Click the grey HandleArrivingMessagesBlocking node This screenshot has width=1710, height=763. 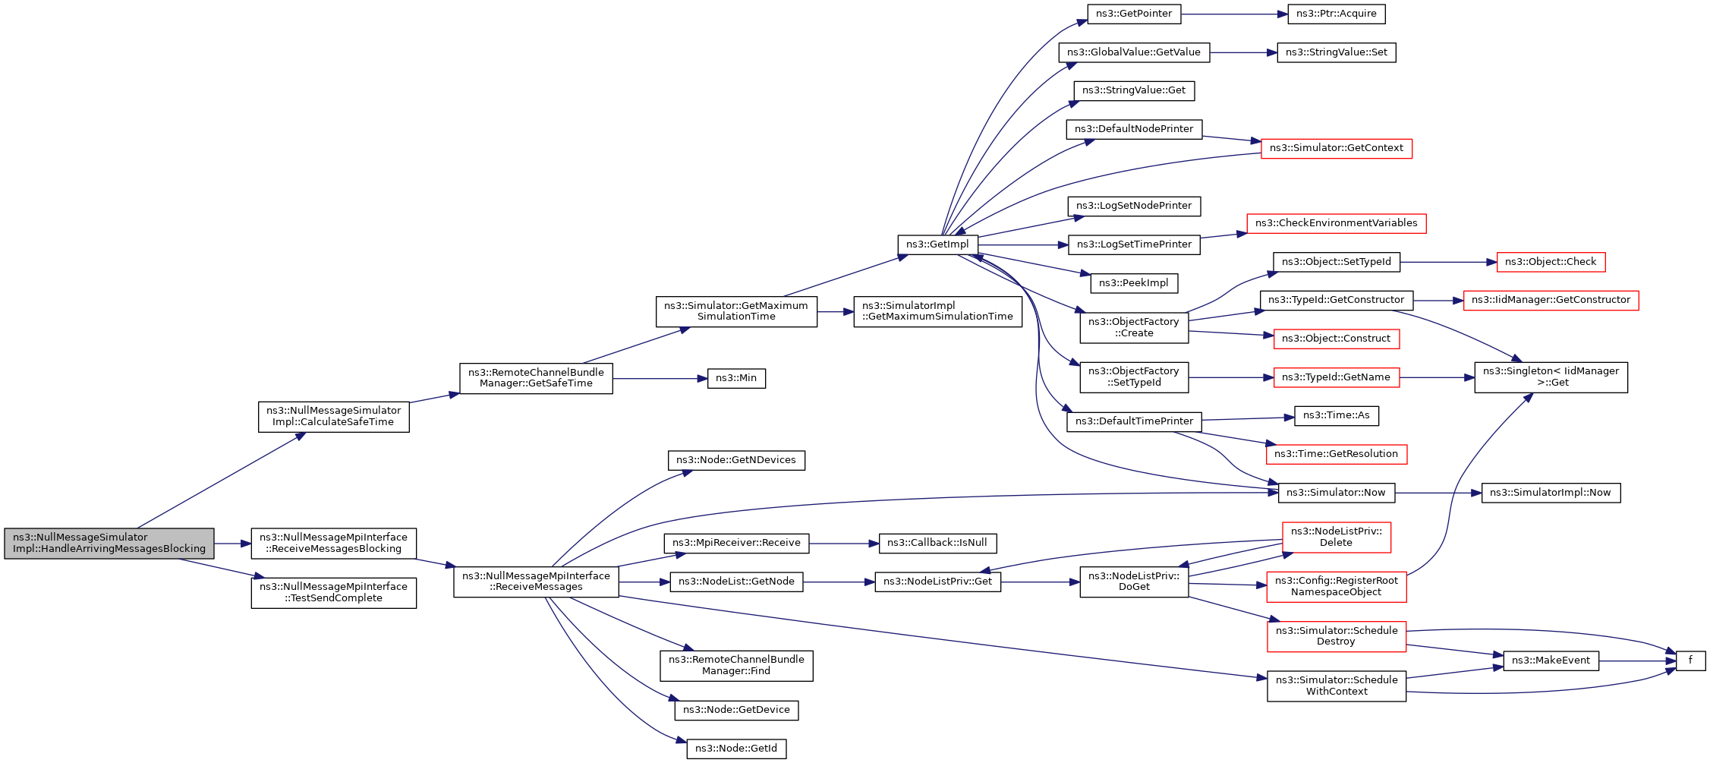[109, 544]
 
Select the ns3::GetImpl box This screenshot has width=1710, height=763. [937, 244]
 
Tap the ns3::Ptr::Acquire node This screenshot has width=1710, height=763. [1337, 14]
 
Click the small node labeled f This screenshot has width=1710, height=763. [1690, 661]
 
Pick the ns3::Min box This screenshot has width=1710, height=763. [736, 378]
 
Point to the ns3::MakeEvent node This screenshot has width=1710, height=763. [1551, 661]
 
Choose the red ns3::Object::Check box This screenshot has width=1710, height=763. [1551, 262]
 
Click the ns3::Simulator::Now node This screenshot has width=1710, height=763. [1337, 493]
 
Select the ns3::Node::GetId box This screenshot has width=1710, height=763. [736, 749]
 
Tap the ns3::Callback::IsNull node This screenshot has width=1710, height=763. [937, 543]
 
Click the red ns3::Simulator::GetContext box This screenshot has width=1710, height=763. [1337, 148]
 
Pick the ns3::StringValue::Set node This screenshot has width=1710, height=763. [1337, 52]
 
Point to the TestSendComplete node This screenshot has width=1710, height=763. [334, 593]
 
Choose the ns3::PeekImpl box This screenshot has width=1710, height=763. [1134, 283]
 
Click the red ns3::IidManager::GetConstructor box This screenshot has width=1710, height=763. [1551, 301]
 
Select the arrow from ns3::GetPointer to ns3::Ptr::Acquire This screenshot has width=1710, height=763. [1234, 14]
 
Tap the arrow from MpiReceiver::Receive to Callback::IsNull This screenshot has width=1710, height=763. [844, 544]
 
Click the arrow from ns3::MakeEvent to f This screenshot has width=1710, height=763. [1637, 661]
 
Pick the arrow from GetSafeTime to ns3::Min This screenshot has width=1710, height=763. [660, 378]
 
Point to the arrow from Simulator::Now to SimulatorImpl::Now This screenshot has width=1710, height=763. [1438, 493]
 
